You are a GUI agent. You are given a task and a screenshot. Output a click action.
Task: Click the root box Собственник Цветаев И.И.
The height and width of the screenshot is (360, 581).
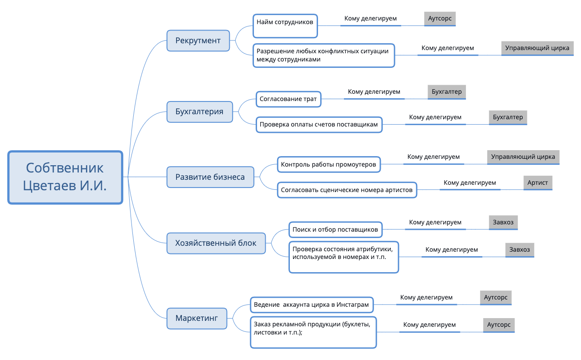(66, 177)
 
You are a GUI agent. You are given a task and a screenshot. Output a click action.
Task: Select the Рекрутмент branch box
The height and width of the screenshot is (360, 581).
(198, 41)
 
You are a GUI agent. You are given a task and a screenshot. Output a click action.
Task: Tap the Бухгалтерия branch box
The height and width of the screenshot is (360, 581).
(199, 112)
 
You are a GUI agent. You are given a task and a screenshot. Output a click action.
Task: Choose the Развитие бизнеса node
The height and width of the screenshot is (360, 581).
(210, 177)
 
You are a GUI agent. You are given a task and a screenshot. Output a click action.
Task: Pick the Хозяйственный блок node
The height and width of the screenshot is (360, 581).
(216, 243)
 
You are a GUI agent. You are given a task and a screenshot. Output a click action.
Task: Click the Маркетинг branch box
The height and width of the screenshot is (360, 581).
(197, 318)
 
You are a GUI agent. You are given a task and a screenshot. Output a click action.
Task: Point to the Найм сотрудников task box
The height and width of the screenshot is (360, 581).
(285, 25)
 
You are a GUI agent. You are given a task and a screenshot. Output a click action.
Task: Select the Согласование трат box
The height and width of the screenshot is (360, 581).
(288, 99)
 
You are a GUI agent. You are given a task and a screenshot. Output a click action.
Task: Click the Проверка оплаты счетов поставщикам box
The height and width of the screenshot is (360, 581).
(319, 124)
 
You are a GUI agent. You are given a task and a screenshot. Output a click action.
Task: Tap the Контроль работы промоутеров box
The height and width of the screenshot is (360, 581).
(328, 164)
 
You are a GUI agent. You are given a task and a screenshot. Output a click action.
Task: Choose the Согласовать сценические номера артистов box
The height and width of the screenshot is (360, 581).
(347, 190)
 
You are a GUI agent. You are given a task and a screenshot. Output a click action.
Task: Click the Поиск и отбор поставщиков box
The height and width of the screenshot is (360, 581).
(335, 229)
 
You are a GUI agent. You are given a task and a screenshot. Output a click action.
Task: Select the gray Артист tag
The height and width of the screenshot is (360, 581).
(538, 183)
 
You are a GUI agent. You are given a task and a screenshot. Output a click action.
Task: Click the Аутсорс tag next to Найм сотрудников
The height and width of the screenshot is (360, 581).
(440, 19)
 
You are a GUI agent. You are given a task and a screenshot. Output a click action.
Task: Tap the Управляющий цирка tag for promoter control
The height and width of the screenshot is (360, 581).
(523, 157)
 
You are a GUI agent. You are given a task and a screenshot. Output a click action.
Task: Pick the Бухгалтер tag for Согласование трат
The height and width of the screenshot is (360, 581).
(447, 92)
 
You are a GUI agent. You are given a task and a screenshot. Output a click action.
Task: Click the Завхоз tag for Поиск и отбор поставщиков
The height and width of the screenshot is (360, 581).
(503, 223)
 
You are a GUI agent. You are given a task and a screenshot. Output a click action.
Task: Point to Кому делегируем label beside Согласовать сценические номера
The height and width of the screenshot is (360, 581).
(470, 183)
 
